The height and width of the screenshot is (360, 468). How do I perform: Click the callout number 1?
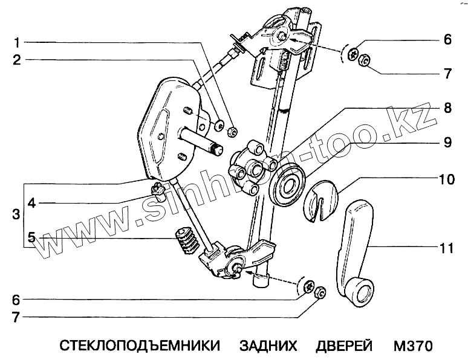point(18,43)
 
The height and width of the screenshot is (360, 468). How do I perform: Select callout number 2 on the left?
point(18,60)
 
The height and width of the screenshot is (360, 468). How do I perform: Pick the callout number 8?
point(447,109)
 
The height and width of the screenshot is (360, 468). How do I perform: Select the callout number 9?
point(447,143)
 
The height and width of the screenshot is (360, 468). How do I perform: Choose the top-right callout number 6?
point(447,40)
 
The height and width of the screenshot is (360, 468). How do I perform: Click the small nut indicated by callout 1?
point(233,130)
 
